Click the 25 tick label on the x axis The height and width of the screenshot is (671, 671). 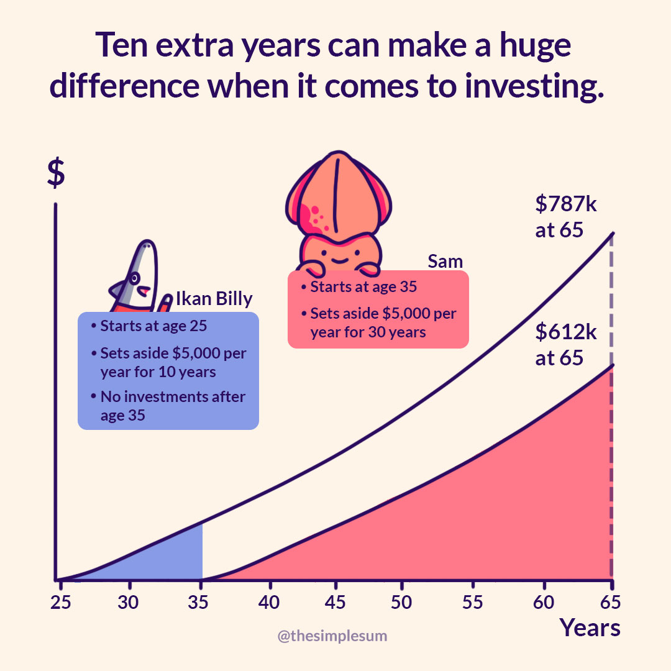pyautogui.click(x=60, y=603)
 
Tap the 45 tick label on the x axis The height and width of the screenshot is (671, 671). pyautogui.click(x=335, y=603)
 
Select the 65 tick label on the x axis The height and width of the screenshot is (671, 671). pyautogui.click(x=611, y=603)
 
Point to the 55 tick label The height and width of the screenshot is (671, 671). pyautogui.click(x=473, y=603)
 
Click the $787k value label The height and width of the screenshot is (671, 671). pyautogui.click(x=565, y=204)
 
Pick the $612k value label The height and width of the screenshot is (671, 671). pyautogui.click(x=565, y=332)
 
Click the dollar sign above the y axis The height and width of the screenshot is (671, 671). pyautogui.click(x=56, y=175)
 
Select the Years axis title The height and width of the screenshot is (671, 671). pyautogui.click(x=590, y=628)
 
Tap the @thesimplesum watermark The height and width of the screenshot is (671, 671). pyautogui.click(x=332, y=636)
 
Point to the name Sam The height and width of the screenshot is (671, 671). pyautogui.click(x=445, y=262)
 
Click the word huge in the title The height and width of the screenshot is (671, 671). pyautogui.click(x=527, y=47)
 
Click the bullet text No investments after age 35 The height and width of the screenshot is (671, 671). pyautogui.click(x=172, y=406)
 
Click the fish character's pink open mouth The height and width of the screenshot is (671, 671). pyautogui.click(x=143, y=290)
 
